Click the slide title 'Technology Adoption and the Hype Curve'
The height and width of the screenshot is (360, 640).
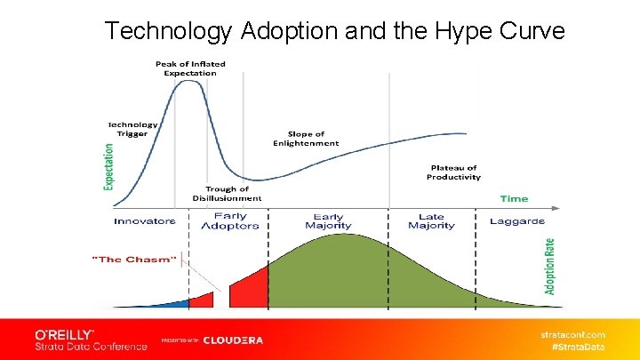[x=334, y=30]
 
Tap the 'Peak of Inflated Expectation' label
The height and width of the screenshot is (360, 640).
[x=190, y=68]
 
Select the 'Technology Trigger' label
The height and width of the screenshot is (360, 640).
[x=133, y=130]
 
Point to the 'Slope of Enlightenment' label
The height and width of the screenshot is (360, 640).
[x=306, y=139]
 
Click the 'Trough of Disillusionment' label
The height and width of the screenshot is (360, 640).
[x=227, y=194]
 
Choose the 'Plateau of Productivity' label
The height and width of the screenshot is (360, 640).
[x=453, y=172]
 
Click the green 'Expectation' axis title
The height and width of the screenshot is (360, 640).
[x=109, y=166]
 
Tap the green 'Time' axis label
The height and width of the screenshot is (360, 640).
[x=514, y=198]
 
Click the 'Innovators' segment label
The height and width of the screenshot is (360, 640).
[x=145, y=221]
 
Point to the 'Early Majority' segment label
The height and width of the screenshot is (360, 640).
[x=328, y=221]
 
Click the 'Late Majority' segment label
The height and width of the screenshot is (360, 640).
[x=431, y=221]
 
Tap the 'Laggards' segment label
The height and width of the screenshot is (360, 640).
[x=517, y=221]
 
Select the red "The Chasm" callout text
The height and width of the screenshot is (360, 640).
[x=134, y=259]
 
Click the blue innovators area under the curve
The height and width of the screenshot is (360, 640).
[x=178, y=303]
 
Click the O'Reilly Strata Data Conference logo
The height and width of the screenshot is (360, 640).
[x=91, y=340]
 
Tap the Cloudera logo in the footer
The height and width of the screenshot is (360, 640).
[x=233, y=340]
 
